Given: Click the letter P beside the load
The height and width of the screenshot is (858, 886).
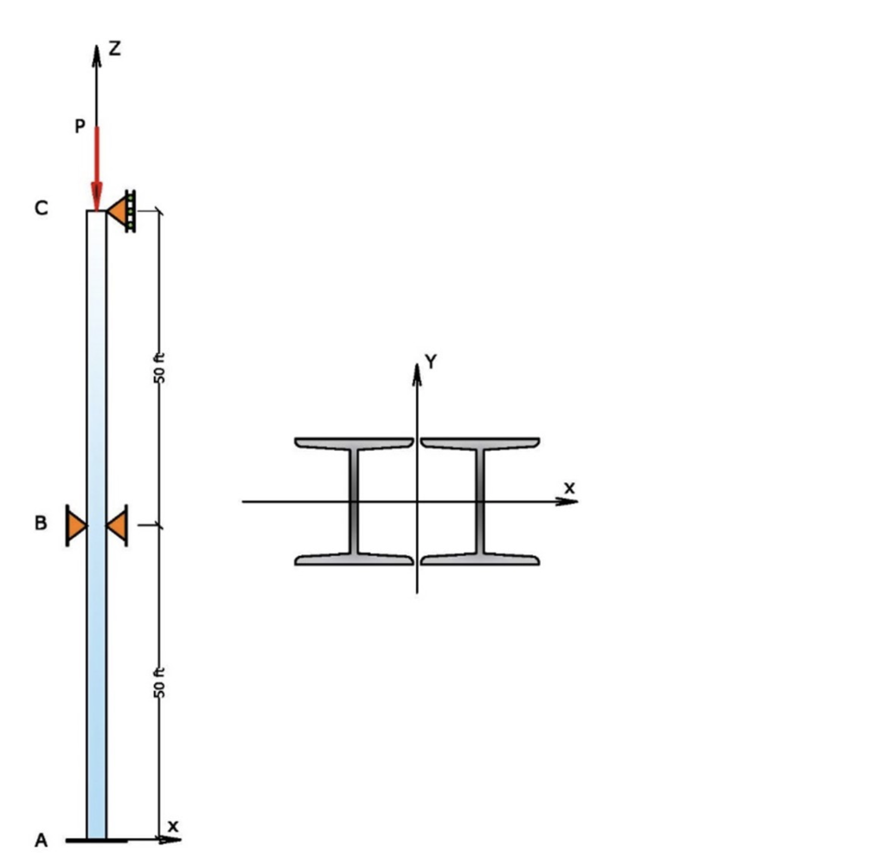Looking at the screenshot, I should (x=80, y=127).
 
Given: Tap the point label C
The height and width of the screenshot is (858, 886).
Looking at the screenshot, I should (x=41, y=209).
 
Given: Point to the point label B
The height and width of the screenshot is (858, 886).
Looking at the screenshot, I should (x=40, y=524).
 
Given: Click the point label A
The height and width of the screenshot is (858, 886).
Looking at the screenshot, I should (x=40, y=840).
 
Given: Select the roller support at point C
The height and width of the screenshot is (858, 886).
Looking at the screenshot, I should (x=122, y=210).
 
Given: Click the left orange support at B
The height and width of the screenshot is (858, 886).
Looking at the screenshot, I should (x=76, y=526).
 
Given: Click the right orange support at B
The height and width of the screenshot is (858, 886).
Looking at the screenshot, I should (x=118, y=526).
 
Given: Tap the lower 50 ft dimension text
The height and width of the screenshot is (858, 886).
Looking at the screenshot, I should (x=158, y=684).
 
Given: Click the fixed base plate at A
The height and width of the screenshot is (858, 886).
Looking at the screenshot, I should (x=96, y=840).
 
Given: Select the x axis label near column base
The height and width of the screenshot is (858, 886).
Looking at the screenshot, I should (x=173, y=826).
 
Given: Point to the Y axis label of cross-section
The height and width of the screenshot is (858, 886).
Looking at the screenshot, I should (x=431, y=362).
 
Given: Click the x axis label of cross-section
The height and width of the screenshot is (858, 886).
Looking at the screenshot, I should (x=568, y=488).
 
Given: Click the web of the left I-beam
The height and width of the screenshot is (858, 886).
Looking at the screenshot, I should (x=354, y=501).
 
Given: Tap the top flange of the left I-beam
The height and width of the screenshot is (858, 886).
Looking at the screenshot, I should (x=354, y=443).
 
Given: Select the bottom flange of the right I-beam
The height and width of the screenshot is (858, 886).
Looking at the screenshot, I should (x=480, y=559).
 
